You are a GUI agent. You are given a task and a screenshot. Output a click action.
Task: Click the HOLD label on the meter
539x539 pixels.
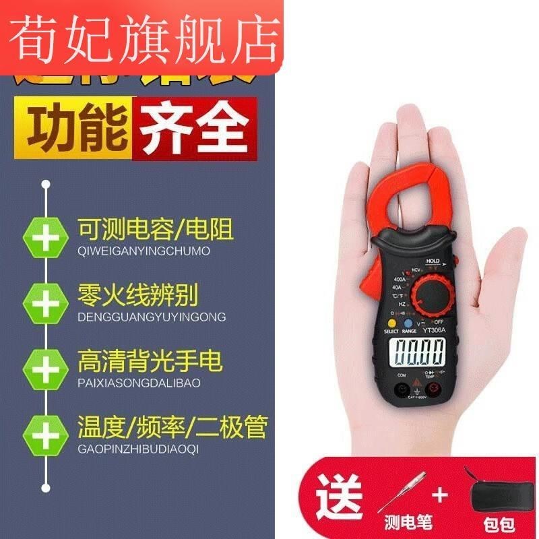coord(432,261)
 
